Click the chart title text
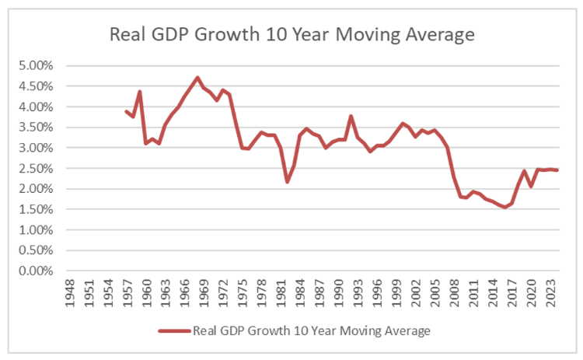click(291, 35)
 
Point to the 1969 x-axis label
click(201, 295)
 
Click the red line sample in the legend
click(174, 330)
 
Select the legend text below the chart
click(311, 330)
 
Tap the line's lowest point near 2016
click(504, 207)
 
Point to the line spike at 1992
click(351, 116)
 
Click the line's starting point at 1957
click(126, 111)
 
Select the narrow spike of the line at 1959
click(139, 92)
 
